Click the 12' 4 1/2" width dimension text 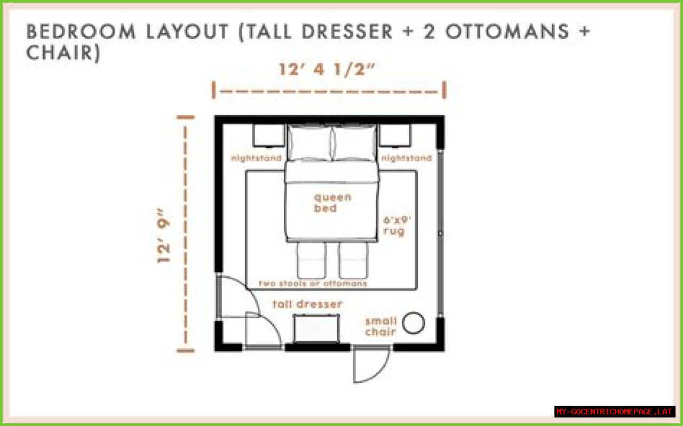coord(327,69)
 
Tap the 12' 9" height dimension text coord(163,236)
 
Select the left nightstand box coord(268,135)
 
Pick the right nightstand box coord(395,135)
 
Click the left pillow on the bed coord(309,142)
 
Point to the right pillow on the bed coord(354,142)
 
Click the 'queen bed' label coord(332,203)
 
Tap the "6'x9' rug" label coord(397,226)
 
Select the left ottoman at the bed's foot coord(311,260)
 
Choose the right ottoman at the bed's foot coord(353,260)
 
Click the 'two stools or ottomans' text coord(313,284)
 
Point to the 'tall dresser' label coord(308,304)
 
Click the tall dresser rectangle coord(316,328)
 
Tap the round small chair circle coord(414,323)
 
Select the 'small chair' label coord(381,326)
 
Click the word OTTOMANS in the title coord(507,31)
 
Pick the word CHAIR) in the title coord(63,52)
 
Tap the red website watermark coord(614,412)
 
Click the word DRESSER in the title coord(347,31)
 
